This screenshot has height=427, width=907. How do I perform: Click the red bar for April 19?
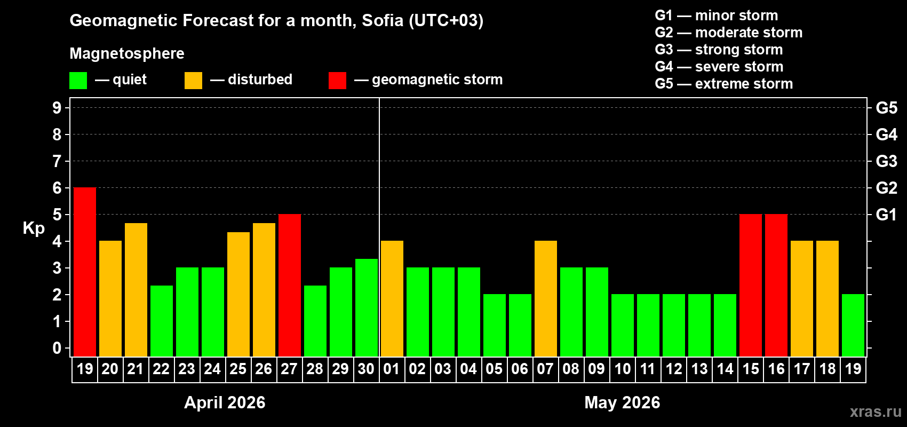[85, 272]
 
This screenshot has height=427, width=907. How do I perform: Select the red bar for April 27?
[290, 285]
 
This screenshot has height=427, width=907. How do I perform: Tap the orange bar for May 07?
[546, 298]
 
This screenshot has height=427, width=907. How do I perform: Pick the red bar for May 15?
[751, 285]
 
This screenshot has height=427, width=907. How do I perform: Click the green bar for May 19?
[853, 325]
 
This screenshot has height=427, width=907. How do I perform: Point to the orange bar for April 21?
[136, 289]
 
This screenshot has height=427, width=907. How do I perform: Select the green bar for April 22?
[162, 321]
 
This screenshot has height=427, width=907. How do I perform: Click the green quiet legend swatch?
[78, 81]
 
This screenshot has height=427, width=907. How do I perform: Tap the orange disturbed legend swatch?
[194, 81]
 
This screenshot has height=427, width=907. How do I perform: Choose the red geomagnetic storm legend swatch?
[337, 81]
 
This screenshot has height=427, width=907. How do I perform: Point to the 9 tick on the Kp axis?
[57, 108]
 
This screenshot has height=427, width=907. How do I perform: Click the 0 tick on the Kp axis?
[57, 348]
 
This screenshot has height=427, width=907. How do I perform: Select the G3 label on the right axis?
[886, 161]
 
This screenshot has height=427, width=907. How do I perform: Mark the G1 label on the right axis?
[886, 215]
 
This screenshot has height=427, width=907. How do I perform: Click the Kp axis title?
[34, 228]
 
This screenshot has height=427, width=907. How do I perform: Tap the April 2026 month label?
[225, 402]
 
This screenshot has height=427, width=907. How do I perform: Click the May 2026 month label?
[622, 402]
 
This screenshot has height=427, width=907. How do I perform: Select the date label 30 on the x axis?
[366, 369]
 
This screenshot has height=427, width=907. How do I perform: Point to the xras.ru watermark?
[876, 412]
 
